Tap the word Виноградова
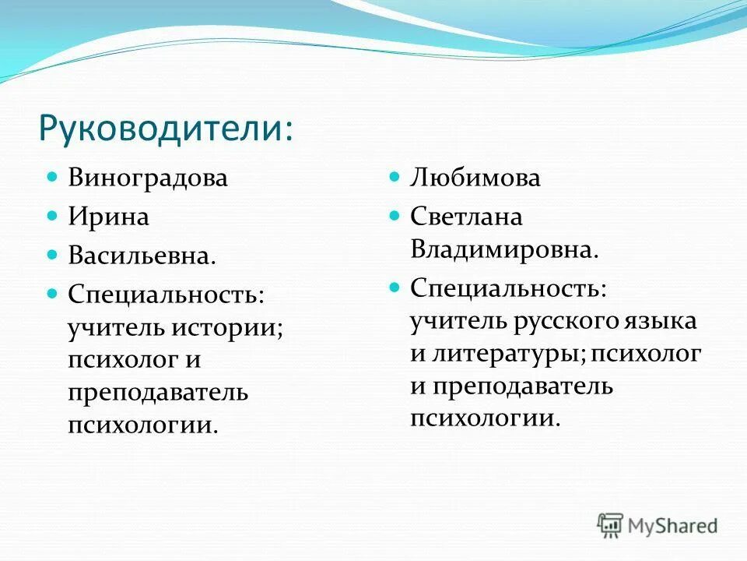(x=148, y=178)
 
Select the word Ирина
(x=108, y=216)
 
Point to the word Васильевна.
(x=142, y=254)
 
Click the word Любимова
(x=475, y=178)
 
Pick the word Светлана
(x=466, y=216)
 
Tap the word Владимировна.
(x=504, y=250)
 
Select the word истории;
(x=233, y=327)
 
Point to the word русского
(x=566, y=320)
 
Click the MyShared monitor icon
(x=611, y=524)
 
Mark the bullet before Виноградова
(x=53, y=177)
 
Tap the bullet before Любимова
(x=395, y=177)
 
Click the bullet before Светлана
(x=395, y=215)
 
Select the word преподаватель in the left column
(x=158, y=393)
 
